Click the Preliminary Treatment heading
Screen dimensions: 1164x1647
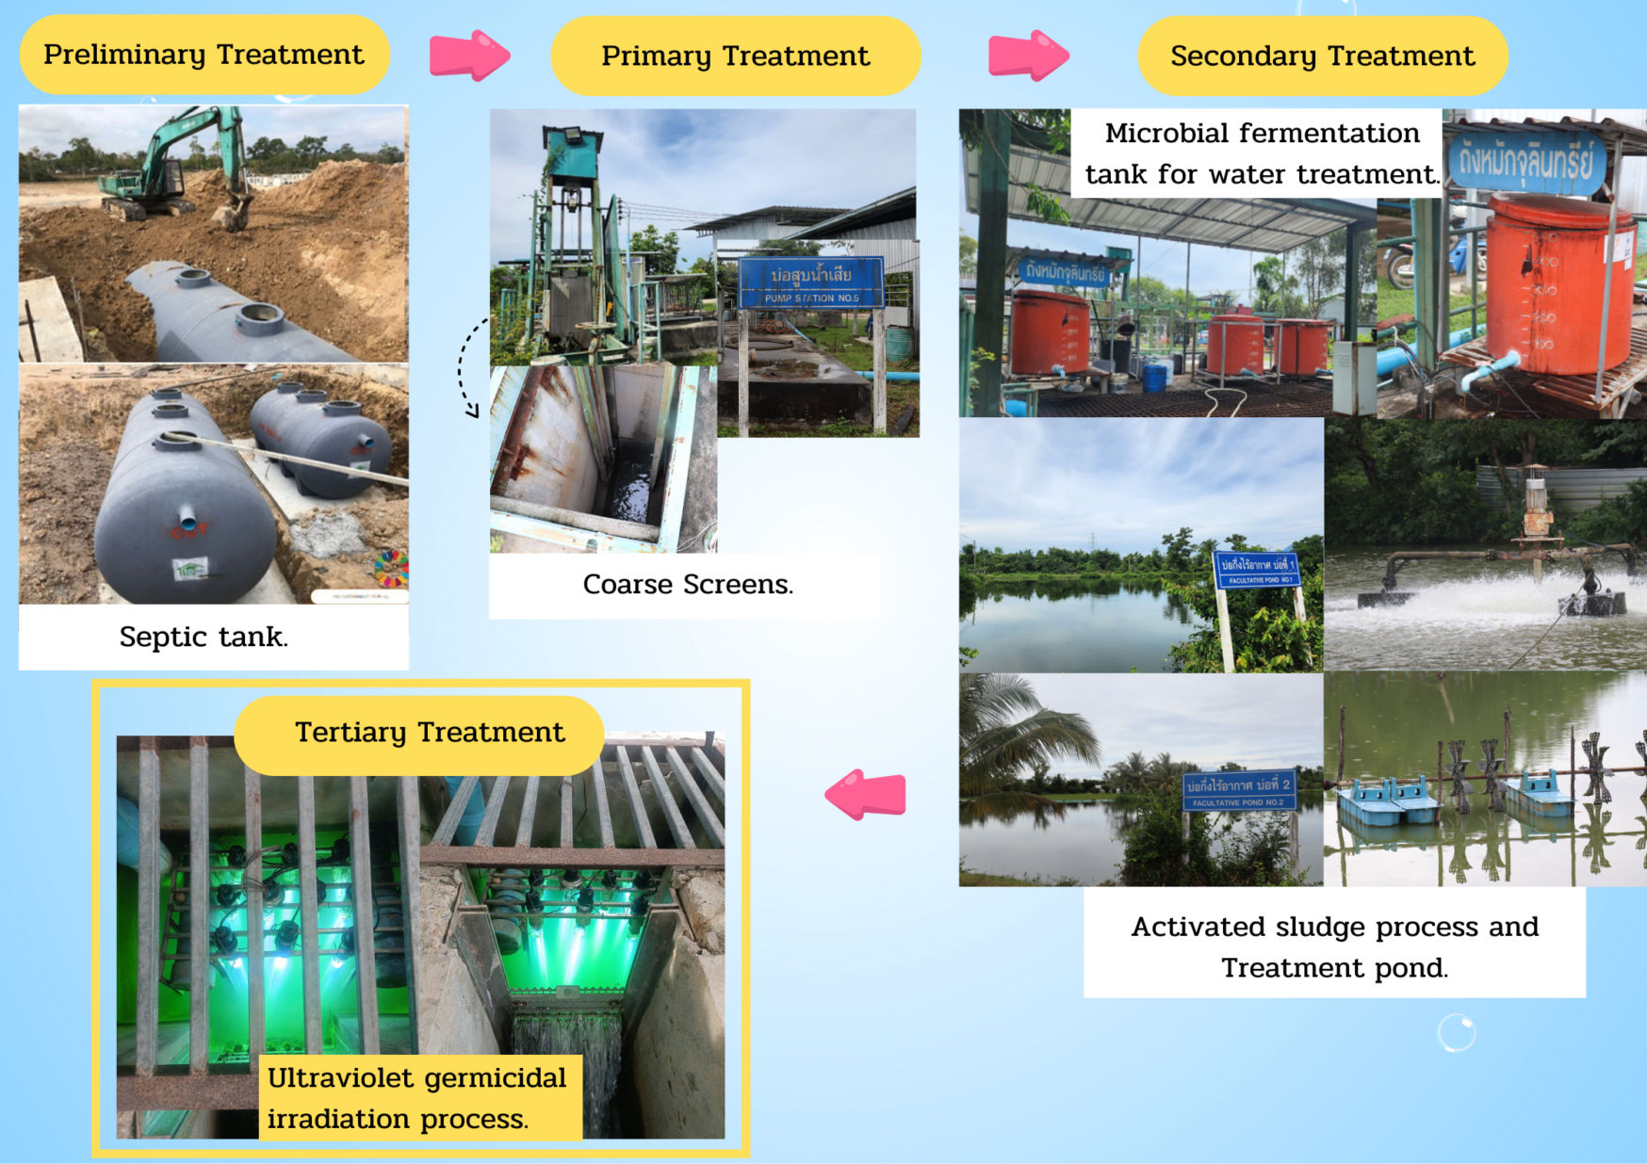coord(204,55)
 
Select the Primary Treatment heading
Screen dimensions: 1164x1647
coord(735,57)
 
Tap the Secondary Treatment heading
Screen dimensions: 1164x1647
coord(1322,57)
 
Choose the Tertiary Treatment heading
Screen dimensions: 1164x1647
coord(429,733)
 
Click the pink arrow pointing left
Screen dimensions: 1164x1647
coord(867,794)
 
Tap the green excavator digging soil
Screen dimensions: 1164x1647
coord(179,165)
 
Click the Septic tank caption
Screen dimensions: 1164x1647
coord(204,638)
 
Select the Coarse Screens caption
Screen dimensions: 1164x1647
coord(688,585)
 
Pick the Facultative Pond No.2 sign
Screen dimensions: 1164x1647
coord(1239,791)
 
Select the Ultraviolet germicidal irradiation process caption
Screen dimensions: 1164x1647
coord(417,1098)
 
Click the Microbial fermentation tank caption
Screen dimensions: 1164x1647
coord(1261,154)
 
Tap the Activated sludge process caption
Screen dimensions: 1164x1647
coord(1334,946)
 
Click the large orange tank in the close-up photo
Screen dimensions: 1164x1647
coord(1555,283)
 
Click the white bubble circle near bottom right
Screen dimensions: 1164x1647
coord(1456,1033)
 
